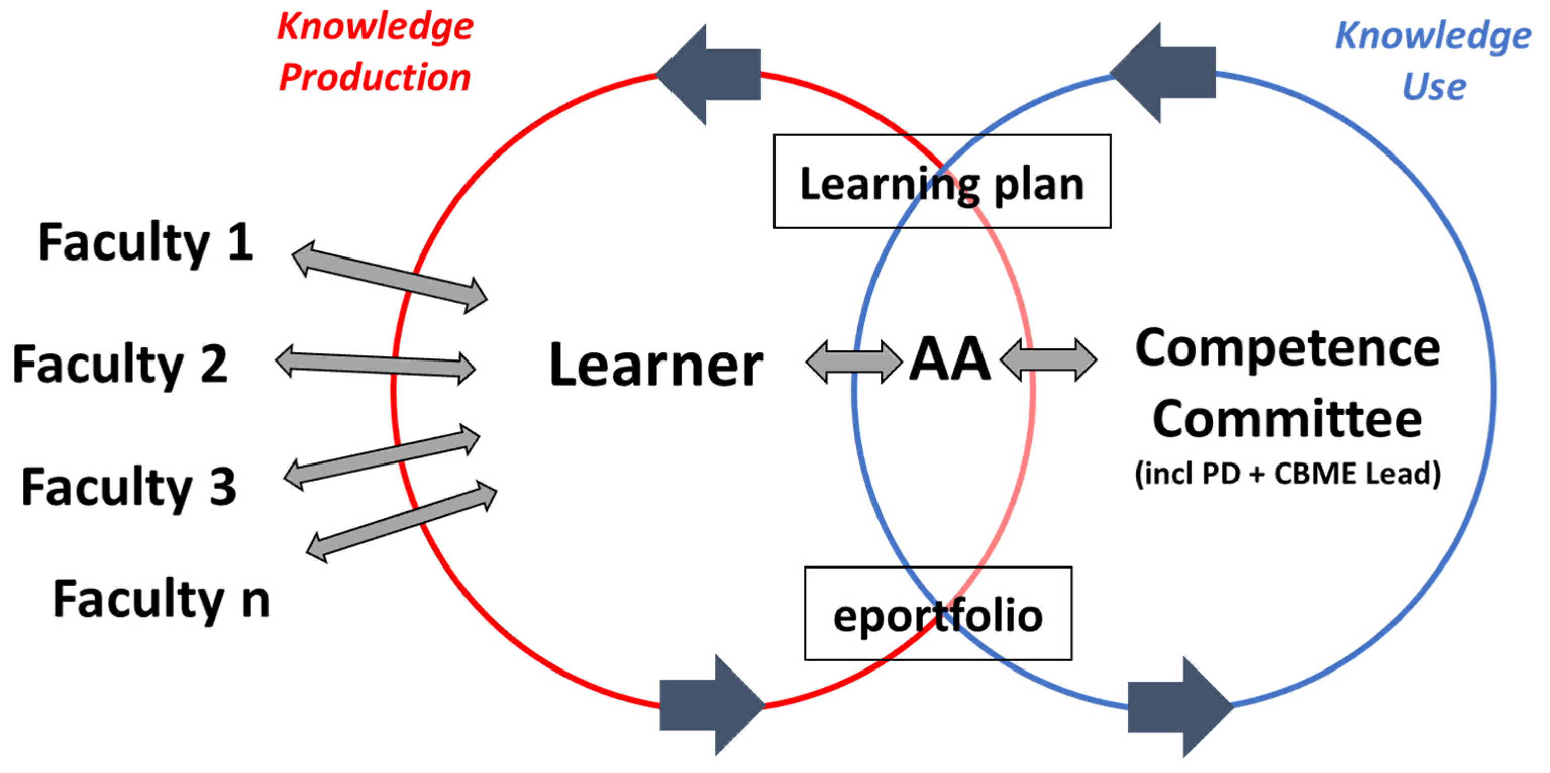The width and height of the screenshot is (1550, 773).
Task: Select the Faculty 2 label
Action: click(x=120, y=365)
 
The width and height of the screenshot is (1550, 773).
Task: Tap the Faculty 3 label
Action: click(x=129, y=487)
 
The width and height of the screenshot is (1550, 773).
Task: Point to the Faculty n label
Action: click(x=161, y=599)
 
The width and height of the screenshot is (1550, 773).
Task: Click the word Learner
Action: click(x=656, y=365)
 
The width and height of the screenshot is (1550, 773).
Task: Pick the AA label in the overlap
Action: click(x=950, y=359)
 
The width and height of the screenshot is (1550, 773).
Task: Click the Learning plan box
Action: click(x=942, y=182)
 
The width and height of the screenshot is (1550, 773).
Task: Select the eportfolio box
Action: click(x=938, y=613)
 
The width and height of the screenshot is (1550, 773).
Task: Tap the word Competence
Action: click(x=1287, y=349)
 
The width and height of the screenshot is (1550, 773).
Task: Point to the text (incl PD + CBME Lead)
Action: click(x=1287, y=474)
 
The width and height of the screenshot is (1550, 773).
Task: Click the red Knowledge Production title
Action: click(x=375, y=53)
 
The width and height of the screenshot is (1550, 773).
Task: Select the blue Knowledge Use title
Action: click(x=1433, y=60)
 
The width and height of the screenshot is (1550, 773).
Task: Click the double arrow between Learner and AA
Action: click(x=853, y=362)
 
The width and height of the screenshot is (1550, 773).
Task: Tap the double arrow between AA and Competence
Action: click(x=1048, y=359)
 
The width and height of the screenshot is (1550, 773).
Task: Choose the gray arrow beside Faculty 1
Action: click(x=389, y=277)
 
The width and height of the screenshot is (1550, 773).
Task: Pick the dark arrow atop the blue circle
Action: click(x=1163, y=73)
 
